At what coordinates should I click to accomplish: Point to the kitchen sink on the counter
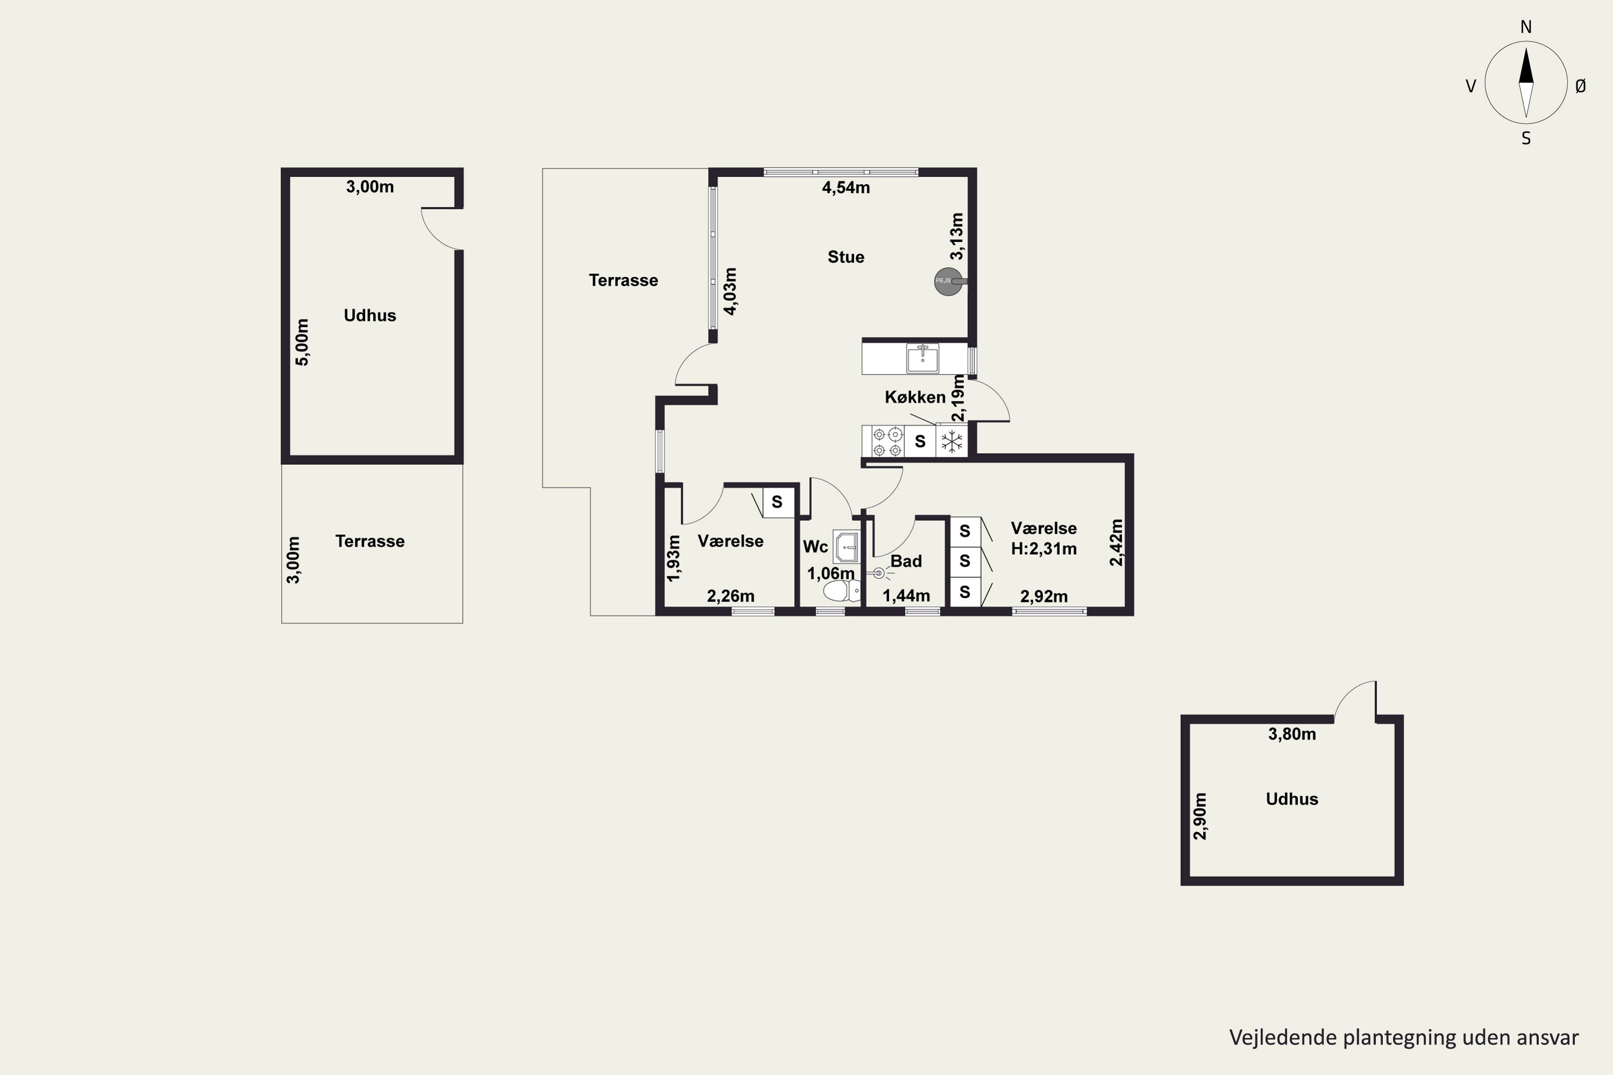(x=923, y=357)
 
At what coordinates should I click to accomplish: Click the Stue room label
(x=846, y=257)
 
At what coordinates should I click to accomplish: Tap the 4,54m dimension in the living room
(x=846, y=187)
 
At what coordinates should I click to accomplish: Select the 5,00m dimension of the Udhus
(x=302, y=342)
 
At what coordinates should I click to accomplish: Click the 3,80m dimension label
(x=1292, y=734)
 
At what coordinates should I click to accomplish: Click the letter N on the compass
(x=1526, y=27)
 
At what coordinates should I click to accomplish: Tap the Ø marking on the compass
(x=1580, y=85)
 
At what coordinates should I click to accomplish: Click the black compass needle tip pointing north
(x=1526, y=48)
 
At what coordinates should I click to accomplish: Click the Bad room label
(x=906, y=562)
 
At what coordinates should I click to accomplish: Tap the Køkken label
(x=915, y=397)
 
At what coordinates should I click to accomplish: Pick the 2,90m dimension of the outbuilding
(x=1200, y=816)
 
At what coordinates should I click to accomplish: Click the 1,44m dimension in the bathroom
(x=906, y=596)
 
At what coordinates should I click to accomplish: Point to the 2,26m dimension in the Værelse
(x=730, y=596)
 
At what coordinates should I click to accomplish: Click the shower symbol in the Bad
(x=879, y=573)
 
